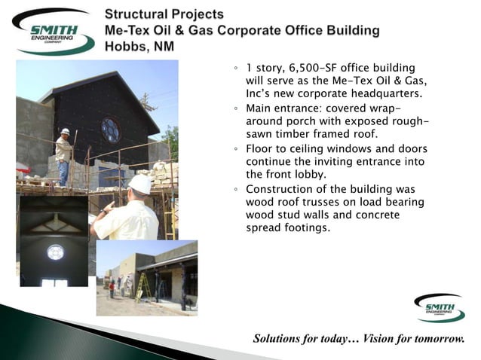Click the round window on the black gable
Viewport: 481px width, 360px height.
110,129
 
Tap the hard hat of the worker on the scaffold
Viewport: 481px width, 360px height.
66,132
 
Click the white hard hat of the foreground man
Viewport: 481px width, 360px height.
139,184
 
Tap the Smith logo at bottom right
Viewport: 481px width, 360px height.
440,308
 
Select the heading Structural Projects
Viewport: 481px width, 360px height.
164,14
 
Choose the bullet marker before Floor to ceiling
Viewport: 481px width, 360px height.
235,148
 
